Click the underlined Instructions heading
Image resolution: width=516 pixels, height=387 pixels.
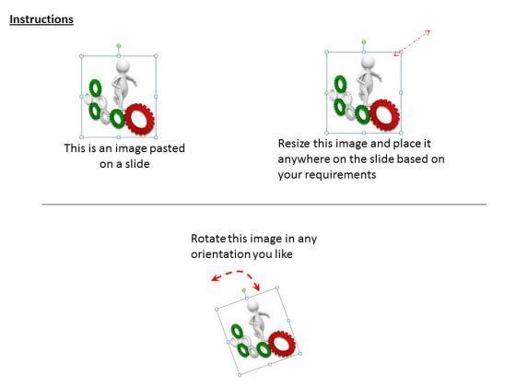[41, 19]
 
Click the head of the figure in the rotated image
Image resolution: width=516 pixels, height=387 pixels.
[253, 305]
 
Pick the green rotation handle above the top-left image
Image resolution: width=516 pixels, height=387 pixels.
[119, 46]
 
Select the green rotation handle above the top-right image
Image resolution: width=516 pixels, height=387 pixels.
[364, 41]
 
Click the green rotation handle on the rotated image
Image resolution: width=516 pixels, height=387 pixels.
[244, 290]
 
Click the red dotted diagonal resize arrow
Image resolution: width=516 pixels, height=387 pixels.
[413, 42]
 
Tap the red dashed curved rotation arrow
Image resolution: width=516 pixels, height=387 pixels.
[236, 272]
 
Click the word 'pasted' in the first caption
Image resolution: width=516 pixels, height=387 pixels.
[167, 148]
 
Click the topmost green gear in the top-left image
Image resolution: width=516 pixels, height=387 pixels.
[96, 88]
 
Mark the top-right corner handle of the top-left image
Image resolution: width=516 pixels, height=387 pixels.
[156, 56]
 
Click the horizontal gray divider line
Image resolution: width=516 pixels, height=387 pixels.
[264, 205]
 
